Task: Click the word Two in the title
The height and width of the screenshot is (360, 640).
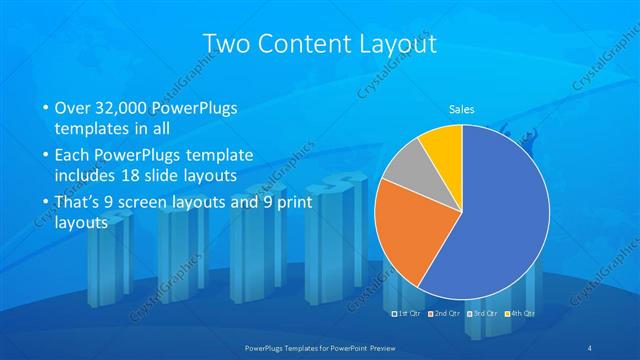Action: tap(226, 44)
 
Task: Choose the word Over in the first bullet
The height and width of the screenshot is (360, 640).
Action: tap(70, 108)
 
